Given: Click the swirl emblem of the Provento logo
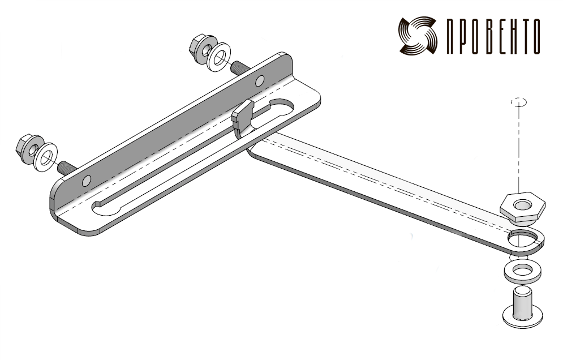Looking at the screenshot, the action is (418, 35).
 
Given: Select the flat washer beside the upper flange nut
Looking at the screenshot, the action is (219, 57).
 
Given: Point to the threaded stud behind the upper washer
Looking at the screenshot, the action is (240, 68).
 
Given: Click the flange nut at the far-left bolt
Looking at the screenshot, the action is (29, 149).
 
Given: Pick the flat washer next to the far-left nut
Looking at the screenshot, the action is (46, 157).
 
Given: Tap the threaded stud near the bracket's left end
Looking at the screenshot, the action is (67, 168).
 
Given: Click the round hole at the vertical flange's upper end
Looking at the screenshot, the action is (260, 81).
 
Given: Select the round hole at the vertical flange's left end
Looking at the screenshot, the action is (87, 181).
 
